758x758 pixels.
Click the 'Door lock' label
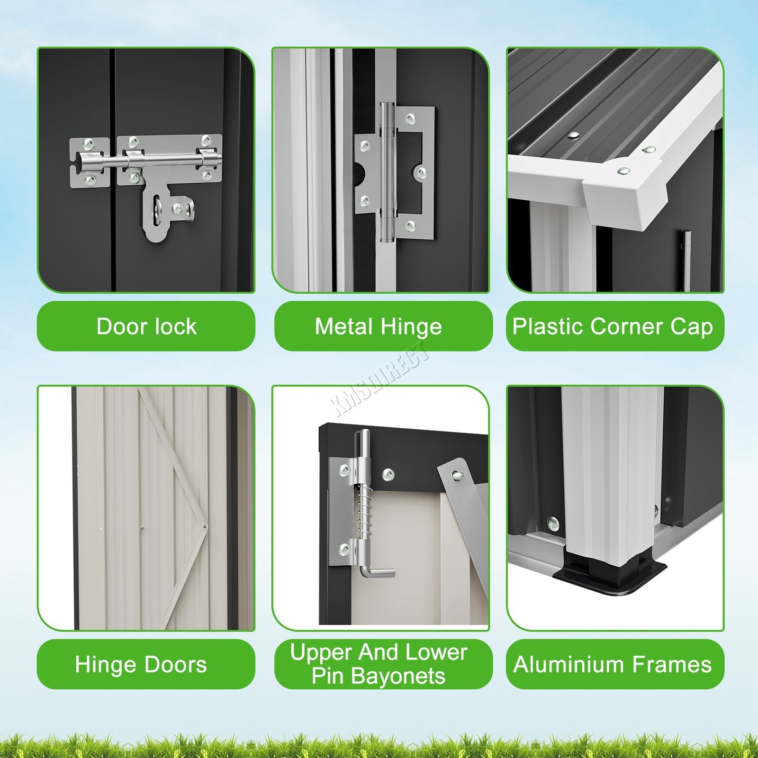[x=146, y=326]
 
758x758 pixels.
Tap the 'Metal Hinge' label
[x=378, y=327]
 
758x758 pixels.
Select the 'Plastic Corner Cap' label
[x=613, y=327]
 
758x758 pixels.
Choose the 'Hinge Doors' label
[x=141, y=665]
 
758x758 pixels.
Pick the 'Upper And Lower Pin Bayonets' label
[x=379, y=664]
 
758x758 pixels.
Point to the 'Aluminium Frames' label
[x=613, y=665]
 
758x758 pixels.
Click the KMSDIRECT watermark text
[x=382, y=379]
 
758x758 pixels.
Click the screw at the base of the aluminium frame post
[x=553, y=523]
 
